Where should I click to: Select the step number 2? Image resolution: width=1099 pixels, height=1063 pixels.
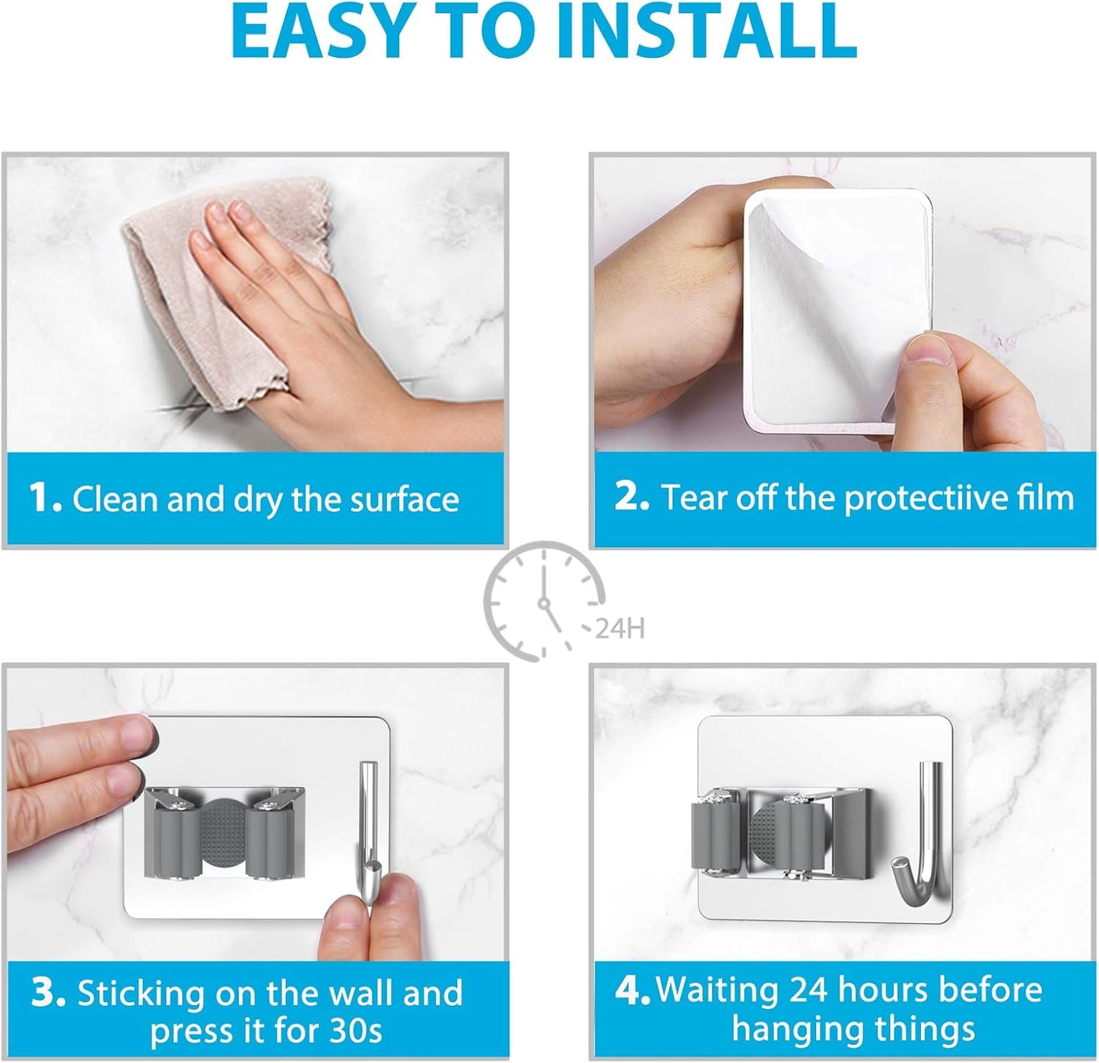tap(630, 497)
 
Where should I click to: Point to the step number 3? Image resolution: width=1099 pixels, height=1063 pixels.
tap(48, 993)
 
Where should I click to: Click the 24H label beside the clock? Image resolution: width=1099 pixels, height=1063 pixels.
tap(620, 629)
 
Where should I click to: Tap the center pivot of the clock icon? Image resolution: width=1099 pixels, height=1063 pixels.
tap(544, 604)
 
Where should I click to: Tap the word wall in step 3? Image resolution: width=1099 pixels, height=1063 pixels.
tap(362, 993)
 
